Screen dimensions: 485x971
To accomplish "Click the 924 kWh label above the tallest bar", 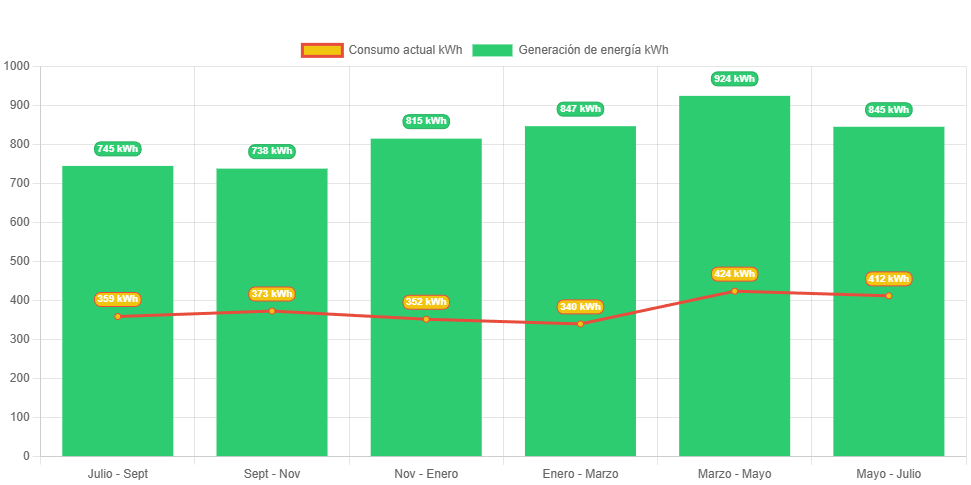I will click(x=734, y=79).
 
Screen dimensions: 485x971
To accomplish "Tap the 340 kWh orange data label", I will click(x=580, y=307).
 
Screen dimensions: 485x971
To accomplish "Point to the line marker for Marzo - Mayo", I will click(x=734, y=291).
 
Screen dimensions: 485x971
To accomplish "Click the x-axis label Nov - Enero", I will click(x=426, y=474).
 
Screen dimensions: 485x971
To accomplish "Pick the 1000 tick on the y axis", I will click(x=17, y=66).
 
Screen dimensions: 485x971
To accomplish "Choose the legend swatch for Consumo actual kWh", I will click(x=321, y=50).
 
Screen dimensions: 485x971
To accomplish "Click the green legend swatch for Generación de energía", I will click(x=492, y=50).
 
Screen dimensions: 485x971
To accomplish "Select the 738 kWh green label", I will click(x=272, y=151).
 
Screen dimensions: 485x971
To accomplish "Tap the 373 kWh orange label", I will click(x=272, y=294).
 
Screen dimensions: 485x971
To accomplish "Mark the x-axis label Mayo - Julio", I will click(x=888, y=474).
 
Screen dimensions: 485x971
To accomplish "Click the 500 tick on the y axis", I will click(x=17, y=261).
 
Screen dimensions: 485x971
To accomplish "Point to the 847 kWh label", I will click(x=580, y=109).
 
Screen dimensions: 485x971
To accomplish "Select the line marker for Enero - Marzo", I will click(x=580, y=323).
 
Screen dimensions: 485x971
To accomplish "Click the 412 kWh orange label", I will click(x=888, y=279).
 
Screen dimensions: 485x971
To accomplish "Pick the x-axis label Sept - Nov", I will click(x=272, y=474).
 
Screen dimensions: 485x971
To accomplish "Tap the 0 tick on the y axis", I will click(x=25, y=456).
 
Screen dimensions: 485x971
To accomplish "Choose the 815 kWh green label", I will click(x=426, y=121).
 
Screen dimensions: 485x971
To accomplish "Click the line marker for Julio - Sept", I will click(x=118, y=316).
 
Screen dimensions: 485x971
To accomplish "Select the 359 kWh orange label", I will click(x=118, y=299).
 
